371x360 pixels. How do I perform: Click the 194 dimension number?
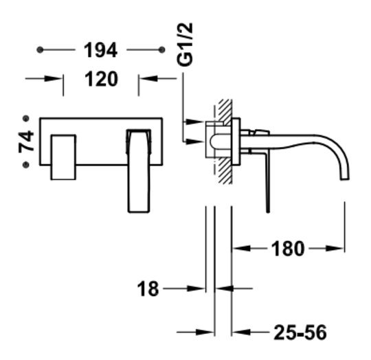pos(100,50)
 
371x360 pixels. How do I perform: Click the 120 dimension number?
pos(101,79)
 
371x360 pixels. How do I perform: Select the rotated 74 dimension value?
pos(26,141)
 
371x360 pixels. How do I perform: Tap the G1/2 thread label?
pos(185,45)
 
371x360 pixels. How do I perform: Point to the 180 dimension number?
pos(287,249)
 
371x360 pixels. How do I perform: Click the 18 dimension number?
pos(148,289)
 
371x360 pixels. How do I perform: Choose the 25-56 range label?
pos(300,333)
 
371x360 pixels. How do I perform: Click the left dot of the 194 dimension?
pos(40,50)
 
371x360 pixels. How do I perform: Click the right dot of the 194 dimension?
pos(161,50)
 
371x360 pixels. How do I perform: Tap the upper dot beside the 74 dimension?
pos(25,118)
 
